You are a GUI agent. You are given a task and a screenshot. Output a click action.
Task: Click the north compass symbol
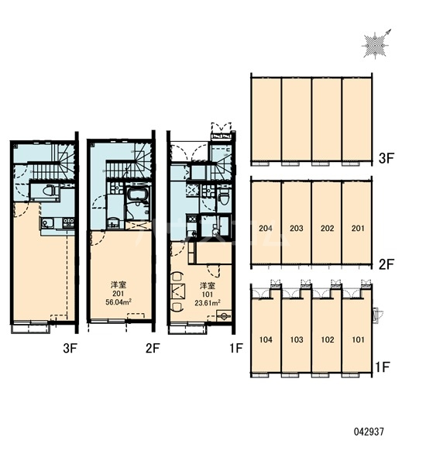[376, 45]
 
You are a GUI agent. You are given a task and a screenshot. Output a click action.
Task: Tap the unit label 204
[266, 229]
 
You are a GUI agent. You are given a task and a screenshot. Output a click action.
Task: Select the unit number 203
[296, 229]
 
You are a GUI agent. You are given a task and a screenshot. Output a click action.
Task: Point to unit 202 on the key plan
[327, 229]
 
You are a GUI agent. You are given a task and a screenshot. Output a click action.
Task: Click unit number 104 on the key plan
[266, 339]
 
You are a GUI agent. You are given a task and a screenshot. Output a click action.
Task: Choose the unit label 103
[296, 339]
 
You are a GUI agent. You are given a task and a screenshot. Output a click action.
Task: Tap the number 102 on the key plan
[327, 339]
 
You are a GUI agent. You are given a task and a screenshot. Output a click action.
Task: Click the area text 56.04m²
[119, 302]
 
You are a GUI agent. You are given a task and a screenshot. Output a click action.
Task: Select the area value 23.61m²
[208, 303]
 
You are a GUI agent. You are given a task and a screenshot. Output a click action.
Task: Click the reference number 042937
[369, 432]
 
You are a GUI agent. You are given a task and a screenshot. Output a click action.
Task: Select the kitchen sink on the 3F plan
[46, 223]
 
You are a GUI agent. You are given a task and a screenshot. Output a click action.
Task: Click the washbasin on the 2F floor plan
[113, 222]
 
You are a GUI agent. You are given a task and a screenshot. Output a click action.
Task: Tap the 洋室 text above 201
[119, 285]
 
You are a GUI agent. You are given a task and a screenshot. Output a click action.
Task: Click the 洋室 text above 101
[208, 286]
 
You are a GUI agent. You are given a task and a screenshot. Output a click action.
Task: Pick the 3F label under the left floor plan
[70, 349]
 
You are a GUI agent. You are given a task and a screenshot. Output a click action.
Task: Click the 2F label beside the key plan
[386, 264]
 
